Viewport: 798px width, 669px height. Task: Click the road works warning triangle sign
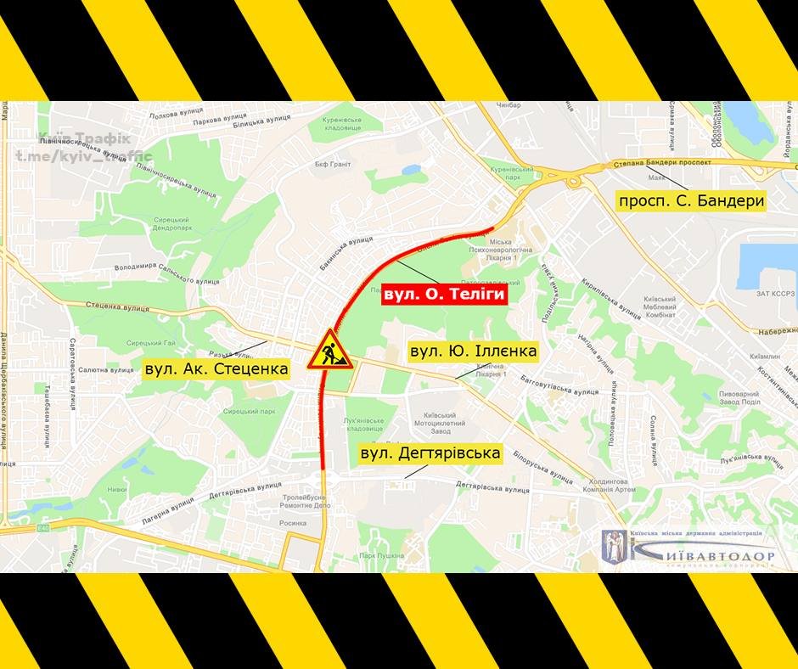329,350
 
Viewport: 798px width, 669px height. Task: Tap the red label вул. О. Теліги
444,295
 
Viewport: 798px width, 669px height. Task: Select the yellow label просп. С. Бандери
692,201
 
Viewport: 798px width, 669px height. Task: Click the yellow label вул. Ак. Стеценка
216,368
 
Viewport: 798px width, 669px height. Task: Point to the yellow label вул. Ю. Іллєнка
473,351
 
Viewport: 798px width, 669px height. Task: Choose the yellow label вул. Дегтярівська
430,454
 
